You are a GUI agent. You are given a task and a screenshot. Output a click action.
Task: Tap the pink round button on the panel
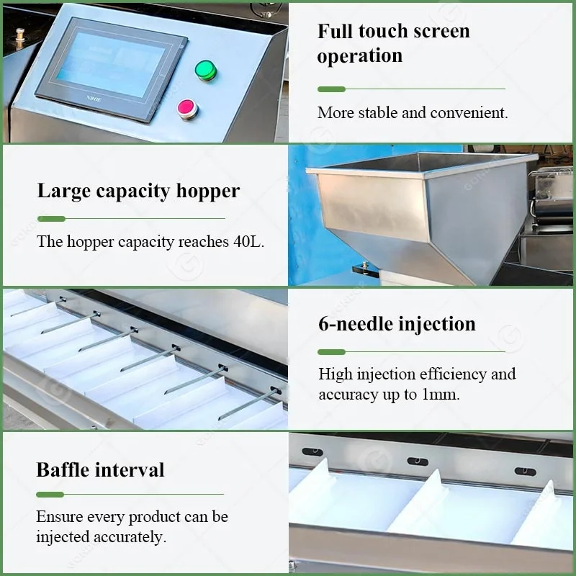(187, 109)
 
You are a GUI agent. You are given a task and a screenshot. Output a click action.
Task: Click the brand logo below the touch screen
(94, 99)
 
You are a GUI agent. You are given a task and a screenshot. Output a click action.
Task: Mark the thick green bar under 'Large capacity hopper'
(51, 219)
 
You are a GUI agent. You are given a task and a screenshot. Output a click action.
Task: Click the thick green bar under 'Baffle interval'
(50, 495)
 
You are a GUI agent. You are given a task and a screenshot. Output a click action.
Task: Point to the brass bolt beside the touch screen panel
(20, 38)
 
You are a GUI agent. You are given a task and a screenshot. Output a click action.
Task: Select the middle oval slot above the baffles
(418, 462)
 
